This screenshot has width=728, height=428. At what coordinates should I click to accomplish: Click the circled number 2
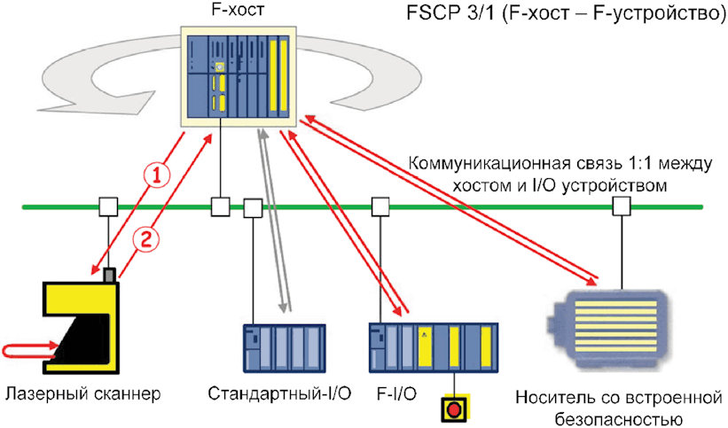click(x=145, y=240)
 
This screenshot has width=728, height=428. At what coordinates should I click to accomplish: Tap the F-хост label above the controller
click(x=239, y=11)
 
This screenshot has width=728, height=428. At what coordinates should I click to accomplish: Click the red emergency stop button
click(x=454, y=409)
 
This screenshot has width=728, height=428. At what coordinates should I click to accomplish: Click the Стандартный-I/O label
click(x=279, y=393)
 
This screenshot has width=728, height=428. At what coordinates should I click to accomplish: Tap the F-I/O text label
click(x=396, y=394)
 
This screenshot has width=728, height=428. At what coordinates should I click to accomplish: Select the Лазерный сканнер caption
click(x=83, y=394)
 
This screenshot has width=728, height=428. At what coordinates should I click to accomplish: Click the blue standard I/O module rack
click(x=284, y=348)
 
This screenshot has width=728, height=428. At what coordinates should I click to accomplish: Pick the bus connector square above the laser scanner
click(x=108, y=206)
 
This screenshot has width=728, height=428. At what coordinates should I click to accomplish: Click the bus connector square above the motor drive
click(x=622, y=206)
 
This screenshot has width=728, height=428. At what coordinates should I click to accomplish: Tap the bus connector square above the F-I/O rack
click(x=380, y=207)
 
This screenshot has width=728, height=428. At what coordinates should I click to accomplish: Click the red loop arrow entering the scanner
click(x=28, y=351)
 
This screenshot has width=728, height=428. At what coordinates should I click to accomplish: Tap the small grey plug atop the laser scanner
click(x=109, y=275)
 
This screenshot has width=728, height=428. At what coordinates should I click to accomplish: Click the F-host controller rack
click(x=239, y=76)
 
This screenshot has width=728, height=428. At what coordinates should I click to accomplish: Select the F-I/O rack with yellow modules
click(x=434, y=348)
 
